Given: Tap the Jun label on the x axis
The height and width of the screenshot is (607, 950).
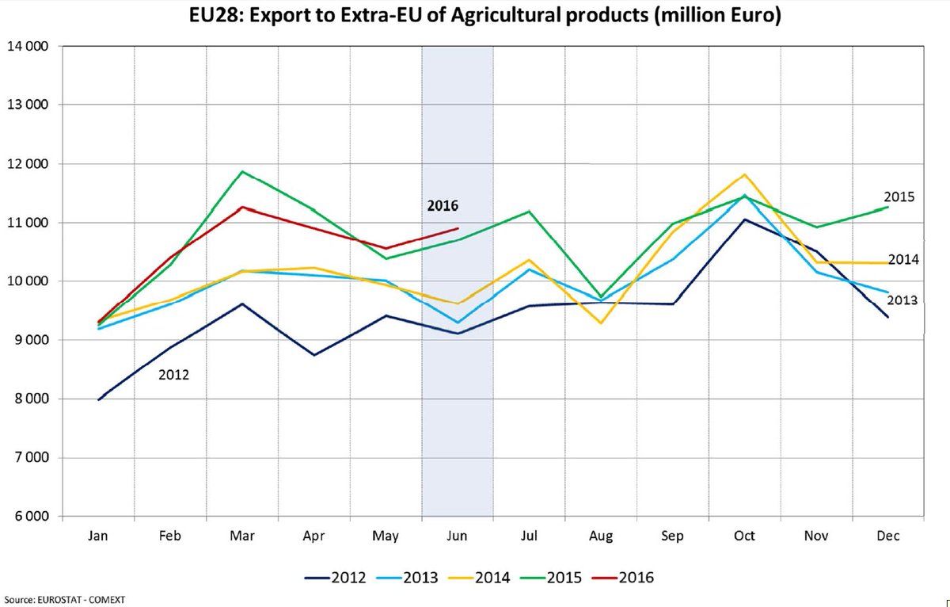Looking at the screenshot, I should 457,536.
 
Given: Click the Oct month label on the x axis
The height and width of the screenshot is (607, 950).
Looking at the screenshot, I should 744,536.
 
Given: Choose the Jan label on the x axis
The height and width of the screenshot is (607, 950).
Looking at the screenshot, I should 98,536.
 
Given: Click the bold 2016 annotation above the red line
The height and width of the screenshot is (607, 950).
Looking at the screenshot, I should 443,206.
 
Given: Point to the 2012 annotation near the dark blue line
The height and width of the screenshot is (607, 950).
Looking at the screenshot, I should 173,375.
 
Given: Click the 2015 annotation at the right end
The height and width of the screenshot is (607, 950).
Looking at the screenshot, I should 899,196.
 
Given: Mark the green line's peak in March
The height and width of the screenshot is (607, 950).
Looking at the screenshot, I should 242,171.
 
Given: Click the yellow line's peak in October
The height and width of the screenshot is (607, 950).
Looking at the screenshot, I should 744,174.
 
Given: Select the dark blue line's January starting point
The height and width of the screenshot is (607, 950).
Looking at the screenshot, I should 99,399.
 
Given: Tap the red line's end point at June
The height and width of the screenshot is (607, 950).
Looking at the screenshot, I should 458,228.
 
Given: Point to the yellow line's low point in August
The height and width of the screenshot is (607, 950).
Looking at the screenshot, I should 601,323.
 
